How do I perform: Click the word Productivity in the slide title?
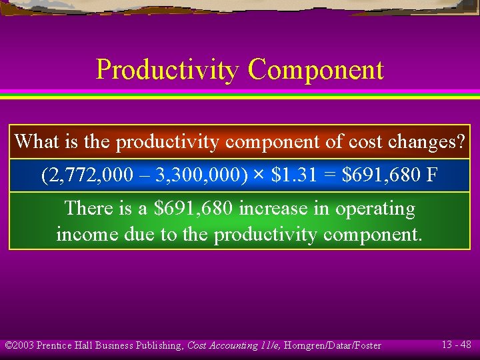click(x=167, y=70)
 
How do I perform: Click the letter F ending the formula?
click(x=431, y=176)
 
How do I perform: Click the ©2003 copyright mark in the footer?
click(x=19, y=345)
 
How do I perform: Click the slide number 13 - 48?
click(x=456, y=345)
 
